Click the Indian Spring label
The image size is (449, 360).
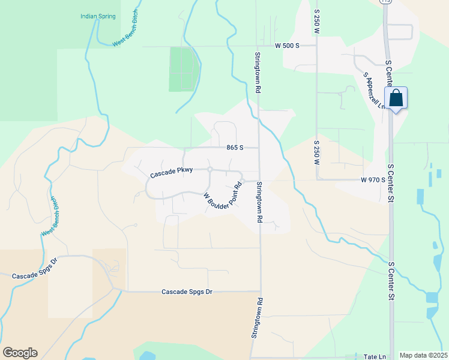pyautogui.click(x=98, y=16)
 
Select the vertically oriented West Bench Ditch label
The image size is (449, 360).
pyautogui.click(x=49, y=217)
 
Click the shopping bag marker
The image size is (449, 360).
pyautogui.click(x=396, y=98)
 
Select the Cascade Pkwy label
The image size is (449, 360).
pyautogui.click(x=172, y=172)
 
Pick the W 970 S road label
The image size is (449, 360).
pyautogui.click(x=372, y=179)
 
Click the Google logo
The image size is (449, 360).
pyautogui.click(x=20, y=353)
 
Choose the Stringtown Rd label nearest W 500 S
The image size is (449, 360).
pyautogui.click(x=257, y=73)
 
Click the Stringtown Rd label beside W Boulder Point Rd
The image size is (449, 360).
pyautogui.click(x=259, y=202)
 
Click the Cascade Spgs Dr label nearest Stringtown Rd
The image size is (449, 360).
pyautogui.click(x=187, y=292)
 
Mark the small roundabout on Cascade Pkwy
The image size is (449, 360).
pyautogui.click(x=210, y=170)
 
